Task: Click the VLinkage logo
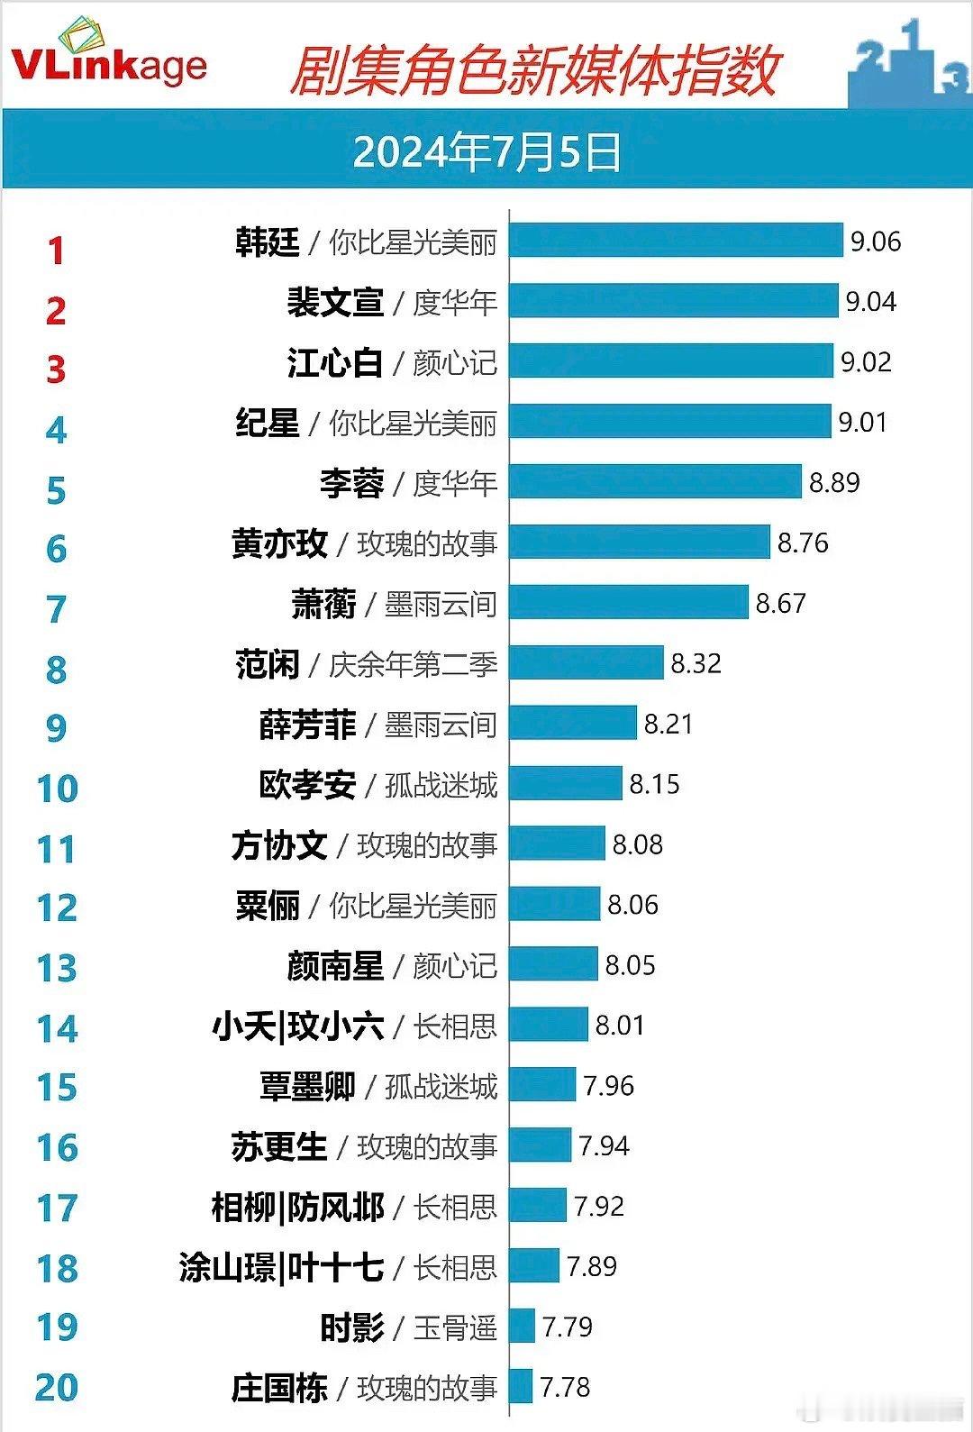tap(108, 56)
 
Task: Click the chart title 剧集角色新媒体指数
tap(533, 72)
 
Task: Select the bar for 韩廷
tap(676, 241)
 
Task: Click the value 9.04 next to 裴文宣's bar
tap(870, 302)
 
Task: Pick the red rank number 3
tap(56, 369)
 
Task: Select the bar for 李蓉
tap(655, 482)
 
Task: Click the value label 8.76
tap(803, 543)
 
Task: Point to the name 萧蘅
tap(323, 604)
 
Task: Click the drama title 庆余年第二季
tap(413, 665)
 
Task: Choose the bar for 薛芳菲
tap(573, 724)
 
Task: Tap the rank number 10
tap(57, 789)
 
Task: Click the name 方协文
tap(279, 845)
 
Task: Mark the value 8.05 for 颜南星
tap(630, 965)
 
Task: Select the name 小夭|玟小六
tap(298, 1026)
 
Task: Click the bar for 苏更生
tap(540, 1145)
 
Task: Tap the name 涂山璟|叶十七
tap(281, 1267)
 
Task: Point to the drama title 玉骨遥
tap(455, 1327)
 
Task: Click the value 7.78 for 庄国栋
tap(565, 1387)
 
